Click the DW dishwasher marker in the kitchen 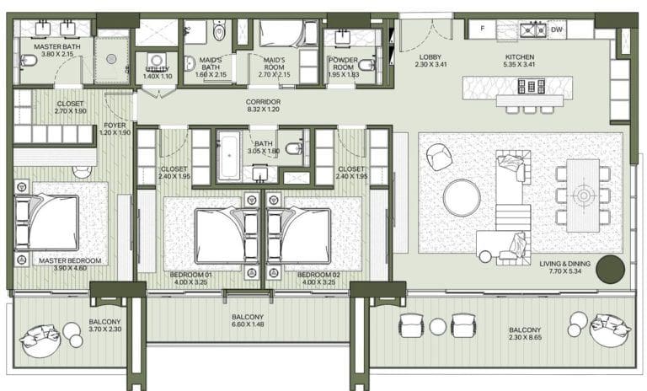click(x=557, y=29)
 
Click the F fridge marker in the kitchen click(x=481, y=29)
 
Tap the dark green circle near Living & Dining click(x=610, y=270)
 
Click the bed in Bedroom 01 click(x=221, y=233)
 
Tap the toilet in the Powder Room click(x=366, y=64)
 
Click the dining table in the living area click(x=582, y=195)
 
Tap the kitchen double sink click(x=530, y=30)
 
